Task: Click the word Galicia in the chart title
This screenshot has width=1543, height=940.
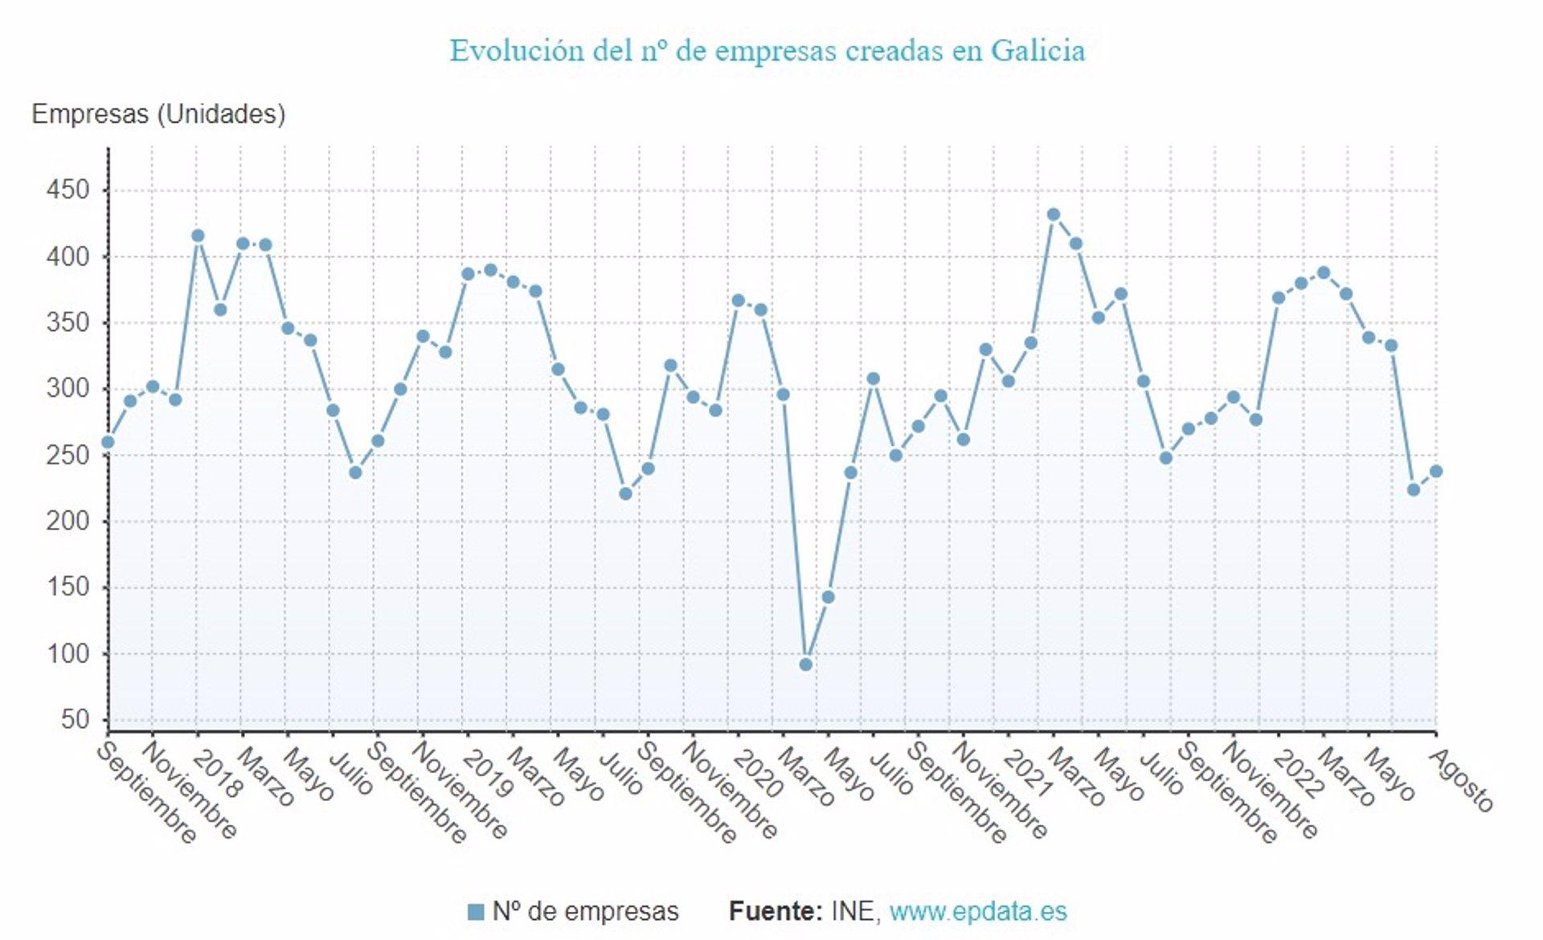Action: click(x=1038, y=51)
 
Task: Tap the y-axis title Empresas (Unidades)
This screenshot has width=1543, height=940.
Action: click(x=158, y=114)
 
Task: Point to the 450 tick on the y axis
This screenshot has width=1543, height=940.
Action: click(x=68, y=190)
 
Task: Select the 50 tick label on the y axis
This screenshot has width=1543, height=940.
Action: click(x=75, y=719)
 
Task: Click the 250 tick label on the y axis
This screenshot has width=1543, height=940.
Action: click(x=68, y=455)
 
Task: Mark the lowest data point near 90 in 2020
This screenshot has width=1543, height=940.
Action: click(x=806, y=664)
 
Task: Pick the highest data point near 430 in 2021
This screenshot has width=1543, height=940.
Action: click(x=1054, y=215)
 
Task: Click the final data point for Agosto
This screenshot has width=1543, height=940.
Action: click(x=1436, y=472)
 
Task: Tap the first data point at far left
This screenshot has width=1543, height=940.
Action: click(x=108, y=442)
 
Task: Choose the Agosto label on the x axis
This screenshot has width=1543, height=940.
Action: click(x=1463, y=779)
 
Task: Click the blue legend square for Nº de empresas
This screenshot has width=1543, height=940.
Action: click(x=476, y=912)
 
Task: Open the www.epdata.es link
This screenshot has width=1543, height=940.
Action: click(x=978, y=912)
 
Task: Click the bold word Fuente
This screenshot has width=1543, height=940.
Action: click(x=775, y=912)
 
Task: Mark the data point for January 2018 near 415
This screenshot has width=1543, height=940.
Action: click(x=198, y=235)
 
